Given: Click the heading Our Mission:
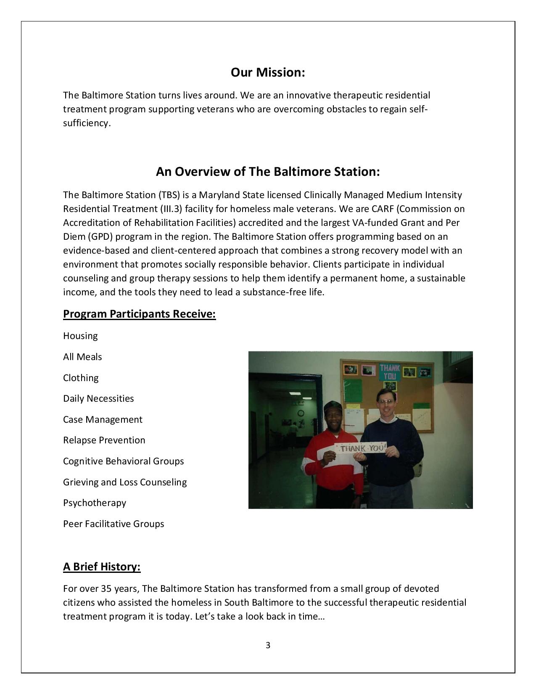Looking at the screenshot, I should point(268,72).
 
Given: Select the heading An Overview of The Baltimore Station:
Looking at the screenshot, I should point(268,172).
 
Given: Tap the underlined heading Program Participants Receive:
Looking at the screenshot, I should point(139,314).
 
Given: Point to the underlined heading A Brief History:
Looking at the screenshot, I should point(102,567).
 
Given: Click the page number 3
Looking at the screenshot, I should point(268,645).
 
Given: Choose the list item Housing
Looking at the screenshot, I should point(80,336).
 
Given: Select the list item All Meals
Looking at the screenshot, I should point(82,357).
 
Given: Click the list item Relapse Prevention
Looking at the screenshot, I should point(104,440).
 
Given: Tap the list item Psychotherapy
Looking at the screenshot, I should point(95,503).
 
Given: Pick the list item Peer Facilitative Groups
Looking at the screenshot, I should point(114,524).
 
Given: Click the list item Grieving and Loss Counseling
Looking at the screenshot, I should point(125,482).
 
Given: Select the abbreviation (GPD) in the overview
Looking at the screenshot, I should point(101,237).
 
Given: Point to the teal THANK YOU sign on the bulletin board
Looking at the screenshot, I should point(390,371).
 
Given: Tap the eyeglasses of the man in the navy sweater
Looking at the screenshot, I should point(385,402).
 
